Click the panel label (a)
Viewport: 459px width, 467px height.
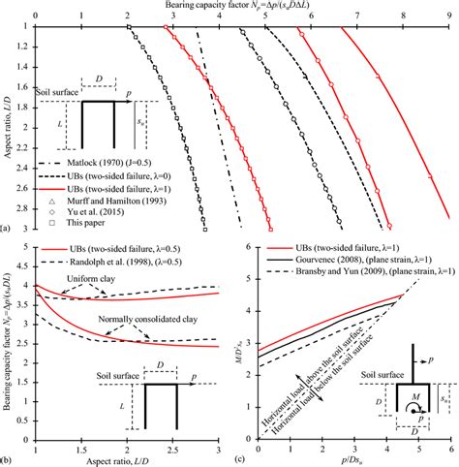click(x=7, y=229)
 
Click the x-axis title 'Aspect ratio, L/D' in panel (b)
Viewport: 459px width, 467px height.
click(x=125, y=458)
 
